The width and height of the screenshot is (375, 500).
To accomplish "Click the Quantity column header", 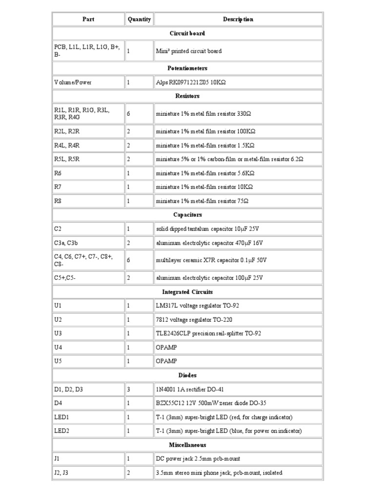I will pos(139,20).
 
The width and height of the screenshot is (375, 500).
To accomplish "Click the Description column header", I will pos(238,20).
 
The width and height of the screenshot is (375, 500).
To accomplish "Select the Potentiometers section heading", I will pos(187,68).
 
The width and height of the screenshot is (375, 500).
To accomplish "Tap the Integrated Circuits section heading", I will pos(187,292).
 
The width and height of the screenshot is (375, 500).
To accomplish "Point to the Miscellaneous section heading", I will pos(187,445).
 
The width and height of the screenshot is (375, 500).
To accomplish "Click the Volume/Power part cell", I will pos(73,83).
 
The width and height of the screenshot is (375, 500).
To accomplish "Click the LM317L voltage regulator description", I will pos(197,306).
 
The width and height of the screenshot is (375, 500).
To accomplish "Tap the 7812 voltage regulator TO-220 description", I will pos(194,320).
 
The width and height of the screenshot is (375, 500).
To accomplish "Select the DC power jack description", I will pos(198,459).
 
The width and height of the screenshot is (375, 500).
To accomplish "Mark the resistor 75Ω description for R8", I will pos(202,201).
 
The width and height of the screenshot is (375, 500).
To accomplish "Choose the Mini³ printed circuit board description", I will pos(188,51).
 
